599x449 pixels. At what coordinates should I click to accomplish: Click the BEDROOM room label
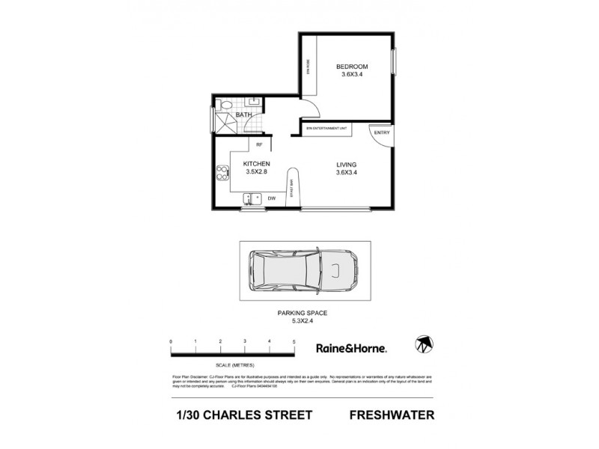pyautogui.click(x=351, y=67)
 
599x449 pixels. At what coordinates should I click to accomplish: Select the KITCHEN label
pyautogui.click(x=256, y=164)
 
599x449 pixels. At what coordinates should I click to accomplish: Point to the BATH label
pyautogui.click(x=243, y=115)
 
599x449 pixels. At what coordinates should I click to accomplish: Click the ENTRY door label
pyautogui.click(x=382, y=133)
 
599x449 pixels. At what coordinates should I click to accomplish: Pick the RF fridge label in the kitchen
pyautogui.click(x=259, y=144)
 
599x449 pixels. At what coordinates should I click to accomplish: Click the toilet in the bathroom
pyautogui.click(x=253, y=103)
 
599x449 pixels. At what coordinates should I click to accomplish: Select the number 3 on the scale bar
pyautogui.click(x=245, y=342)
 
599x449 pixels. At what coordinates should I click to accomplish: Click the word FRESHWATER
pyautogui.click(x=392, y=415)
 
